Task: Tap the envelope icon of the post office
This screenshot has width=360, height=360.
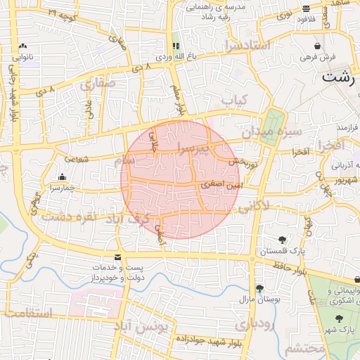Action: [x=117, y=257]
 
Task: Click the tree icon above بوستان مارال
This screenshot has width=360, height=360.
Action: [x=259, y=288]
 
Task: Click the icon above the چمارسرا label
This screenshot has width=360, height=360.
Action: [x=63, y=177]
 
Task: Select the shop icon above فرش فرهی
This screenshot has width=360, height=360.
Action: [x=319, y=45]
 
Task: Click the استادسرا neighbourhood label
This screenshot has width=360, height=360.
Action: [x=248, y=46]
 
